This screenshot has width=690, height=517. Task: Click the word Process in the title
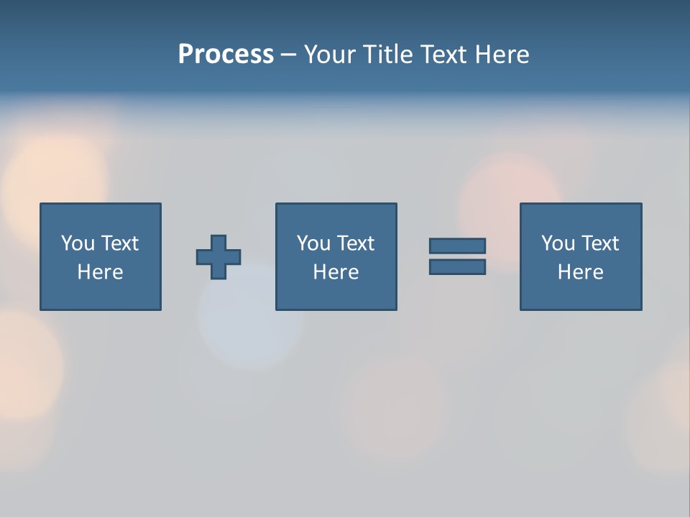[x=226, y=55]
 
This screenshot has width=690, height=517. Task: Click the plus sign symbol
[x=218, y=257]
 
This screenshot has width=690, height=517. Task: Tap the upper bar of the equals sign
[x=457, y=246]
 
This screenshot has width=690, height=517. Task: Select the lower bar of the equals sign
[x=457, y=267]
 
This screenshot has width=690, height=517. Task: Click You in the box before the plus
[x=78, y=243]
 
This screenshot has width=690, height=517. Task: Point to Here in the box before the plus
[x=100, y=272]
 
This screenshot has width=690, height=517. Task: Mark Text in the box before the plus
[x=119, y=243]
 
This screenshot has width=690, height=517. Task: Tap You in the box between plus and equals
[x=313, y=243]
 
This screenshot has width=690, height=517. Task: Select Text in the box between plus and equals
[x=355, y=243]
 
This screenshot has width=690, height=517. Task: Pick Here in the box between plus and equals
[x=336, y=272]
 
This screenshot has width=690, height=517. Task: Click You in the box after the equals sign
[x=558, y=243]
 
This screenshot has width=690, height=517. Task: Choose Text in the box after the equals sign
[x=599, y=243]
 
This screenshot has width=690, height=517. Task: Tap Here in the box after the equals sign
[x=580, y=272]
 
